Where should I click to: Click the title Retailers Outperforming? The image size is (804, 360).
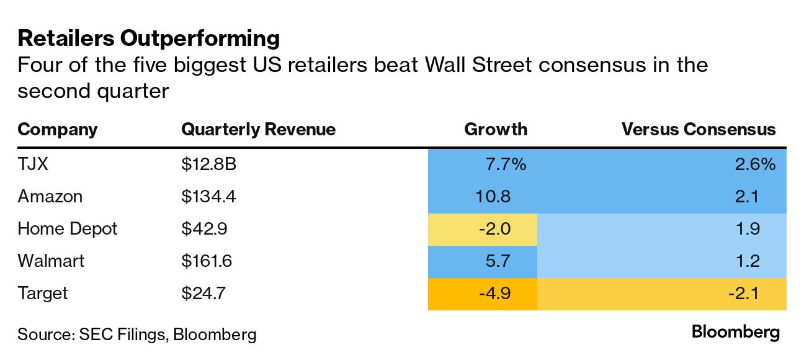pyautogui.click(x=149, y=38)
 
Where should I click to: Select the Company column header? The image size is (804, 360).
pyautogui.click(x=58, y=129)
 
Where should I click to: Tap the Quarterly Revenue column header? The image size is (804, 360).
pyautogui.click(x=258, y=129)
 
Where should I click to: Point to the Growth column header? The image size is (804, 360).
pyautogui.click(x=496, y=129)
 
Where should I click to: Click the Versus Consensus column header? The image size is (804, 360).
pyautogui.click(x=699, y=129)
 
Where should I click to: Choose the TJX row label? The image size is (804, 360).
pyautogui.click(x=33, y=164)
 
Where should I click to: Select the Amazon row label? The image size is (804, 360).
pyautogui.click(x=50, y=196)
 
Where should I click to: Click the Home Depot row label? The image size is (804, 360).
pyautogui.click(x=67, y=228)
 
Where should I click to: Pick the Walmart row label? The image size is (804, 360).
pyautogui.click(x=51, y=261)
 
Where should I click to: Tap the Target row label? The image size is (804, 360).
pyautogui.click(x=42, y=293)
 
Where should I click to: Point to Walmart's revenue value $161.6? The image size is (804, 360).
pyautogui.click(x=207, y=261)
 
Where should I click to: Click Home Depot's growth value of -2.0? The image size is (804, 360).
pyautogui.click(x=494, y=228)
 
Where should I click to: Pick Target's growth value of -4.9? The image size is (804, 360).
pyautogui.click(x=494, y=293)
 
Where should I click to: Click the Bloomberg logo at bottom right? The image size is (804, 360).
pyautogui.click(x=736, y=332)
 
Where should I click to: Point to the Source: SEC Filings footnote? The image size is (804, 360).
pyautogui.click(x=136, y=335)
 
